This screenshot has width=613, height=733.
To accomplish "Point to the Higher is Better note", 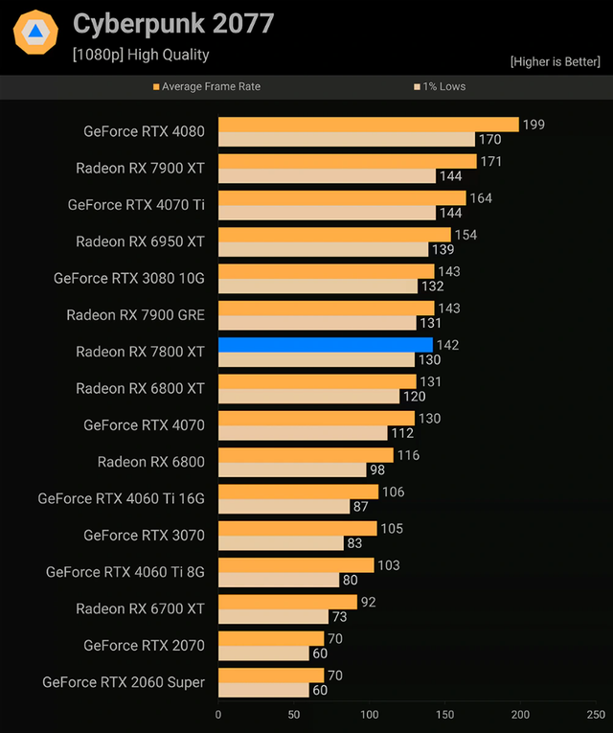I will (556, 62).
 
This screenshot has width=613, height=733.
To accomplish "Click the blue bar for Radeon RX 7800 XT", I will (326, 345).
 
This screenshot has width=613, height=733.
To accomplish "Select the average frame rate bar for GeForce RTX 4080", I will (368, 125).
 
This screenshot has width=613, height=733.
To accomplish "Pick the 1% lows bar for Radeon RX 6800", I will (292, 470).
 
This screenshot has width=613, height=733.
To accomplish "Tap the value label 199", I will (534, 125).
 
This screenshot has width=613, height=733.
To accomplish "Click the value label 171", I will (490, 161).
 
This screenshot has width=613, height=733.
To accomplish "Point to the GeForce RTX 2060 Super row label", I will (124, 682).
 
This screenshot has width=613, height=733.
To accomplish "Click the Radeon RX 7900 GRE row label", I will (135, 314).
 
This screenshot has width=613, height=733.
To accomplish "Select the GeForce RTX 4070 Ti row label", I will (136, 204).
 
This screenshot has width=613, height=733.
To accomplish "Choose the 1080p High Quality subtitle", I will (141, 55).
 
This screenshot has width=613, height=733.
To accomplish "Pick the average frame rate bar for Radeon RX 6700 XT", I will (287, 602).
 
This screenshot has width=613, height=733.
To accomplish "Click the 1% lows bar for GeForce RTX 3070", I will (281, 543).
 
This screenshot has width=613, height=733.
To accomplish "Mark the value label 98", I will (378, 470).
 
